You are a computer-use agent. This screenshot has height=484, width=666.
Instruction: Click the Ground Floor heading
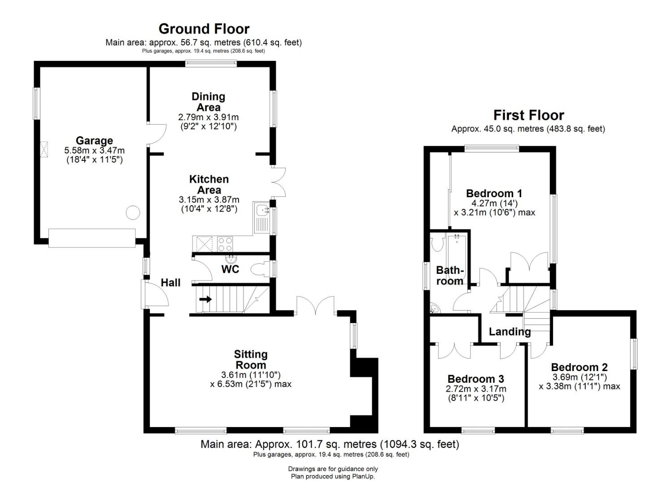click(x=204, y=29)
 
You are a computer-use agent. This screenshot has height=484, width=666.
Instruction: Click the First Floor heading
click(x=528, y=115)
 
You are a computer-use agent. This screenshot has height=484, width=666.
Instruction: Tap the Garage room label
click(x=94, y=141)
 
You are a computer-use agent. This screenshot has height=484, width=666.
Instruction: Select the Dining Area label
click(x=209, y=102)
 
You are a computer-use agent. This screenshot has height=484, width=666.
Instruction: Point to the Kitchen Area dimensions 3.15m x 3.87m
click(x=209, y=200)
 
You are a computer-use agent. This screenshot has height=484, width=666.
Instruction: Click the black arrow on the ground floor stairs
click(x=205, y=299)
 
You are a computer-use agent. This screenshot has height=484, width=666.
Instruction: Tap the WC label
click(x=230, y=269)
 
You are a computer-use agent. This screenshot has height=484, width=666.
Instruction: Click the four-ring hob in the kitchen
click(x=225, y=244)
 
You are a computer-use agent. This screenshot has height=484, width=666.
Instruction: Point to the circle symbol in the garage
click(x=133, y=213)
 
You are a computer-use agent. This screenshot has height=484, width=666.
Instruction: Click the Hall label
click(x=171, y=282)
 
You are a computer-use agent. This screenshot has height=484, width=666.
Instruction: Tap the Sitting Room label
click(x=251, y=359)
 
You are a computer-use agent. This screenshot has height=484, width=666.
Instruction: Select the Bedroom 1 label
click(x=494, y=194)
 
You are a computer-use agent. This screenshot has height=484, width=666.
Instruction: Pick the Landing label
click(x=510, y=332)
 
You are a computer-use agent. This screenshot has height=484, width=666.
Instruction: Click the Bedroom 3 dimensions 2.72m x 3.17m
click(x=476, y=389)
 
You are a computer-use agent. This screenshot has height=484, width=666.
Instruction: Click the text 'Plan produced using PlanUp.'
click(x=333, y=476)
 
